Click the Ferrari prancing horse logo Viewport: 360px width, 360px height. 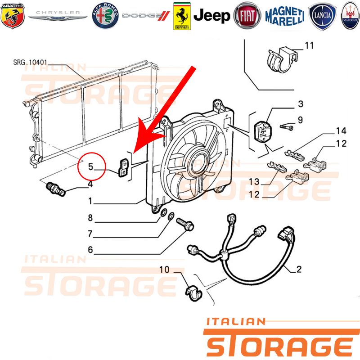pos(182,16)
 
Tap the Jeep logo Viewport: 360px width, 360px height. pos(211,16)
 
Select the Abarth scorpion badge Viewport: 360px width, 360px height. pos(13,16)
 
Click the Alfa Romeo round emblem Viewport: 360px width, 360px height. pos(105,16)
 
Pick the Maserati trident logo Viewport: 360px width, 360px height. pos(351,16)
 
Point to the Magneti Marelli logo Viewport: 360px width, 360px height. pos(285,16)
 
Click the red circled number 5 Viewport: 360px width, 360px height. pos(91,166)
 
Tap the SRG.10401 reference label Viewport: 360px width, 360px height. pos(30,62)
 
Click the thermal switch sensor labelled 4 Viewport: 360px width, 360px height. pos(56,189)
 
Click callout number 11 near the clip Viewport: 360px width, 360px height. pos(309,45)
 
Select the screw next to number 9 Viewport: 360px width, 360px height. pos(287,127)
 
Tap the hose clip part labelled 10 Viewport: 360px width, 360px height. pos(193,293)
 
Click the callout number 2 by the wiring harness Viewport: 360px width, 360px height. pos(299,269)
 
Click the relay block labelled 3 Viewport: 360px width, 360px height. pos(262,131)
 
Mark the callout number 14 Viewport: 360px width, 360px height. pos(341,131)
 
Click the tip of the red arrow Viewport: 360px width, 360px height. pos(133,153)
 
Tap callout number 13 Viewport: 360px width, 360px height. pos(254,182)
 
